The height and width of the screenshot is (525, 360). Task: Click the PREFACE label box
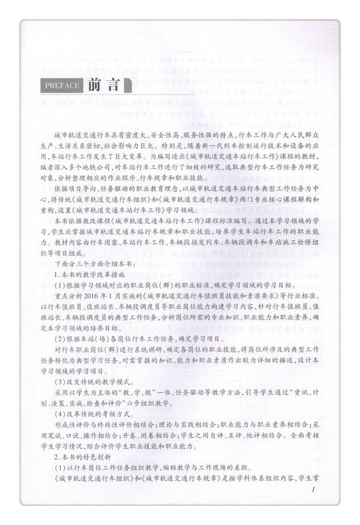tap(62, 85)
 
